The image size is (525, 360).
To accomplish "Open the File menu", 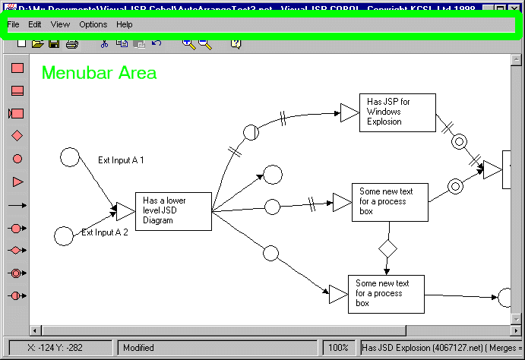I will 13,24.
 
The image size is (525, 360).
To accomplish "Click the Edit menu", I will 35,24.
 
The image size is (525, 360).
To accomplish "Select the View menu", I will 60,24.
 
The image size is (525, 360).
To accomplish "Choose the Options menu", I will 93,24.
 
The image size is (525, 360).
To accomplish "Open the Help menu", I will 125,24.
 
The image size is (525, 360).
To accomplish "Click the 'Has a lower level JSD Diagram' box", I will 173,210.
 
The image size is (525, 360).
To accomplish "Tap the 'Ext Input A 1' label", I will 121,160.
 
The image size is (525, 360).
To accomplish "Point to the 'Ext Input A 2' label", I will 105,233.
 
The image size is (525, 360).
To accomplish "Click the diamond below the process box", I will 388,248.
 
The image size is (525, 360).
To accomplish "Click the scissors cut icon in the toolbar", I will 104,44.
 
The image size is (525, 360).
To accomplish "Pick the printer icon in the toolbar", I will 71,44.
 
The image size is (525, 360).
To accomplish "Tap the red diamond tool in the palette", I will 17,136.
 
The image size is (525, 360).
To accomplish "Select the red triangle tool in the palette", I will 17,182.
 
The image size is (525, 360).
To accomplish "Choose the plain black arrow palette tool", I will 17,205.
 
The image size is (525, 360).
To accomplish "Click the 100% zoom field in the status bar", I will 337,348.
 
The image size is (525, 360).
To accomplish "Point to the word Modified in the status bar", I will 138,348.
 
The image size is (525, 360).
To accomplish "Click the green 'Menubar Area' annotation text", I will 99,73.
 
